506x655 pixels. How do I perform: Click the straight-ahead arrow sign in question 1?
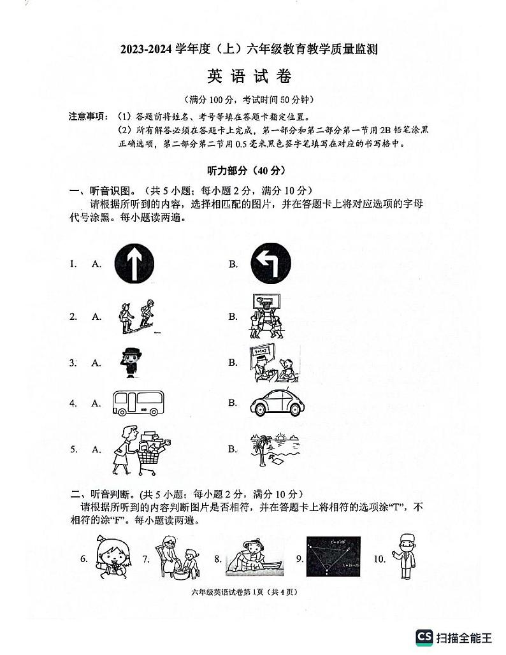coord(134,263)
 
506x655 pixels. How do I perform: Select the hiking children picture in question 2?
coord(136,316)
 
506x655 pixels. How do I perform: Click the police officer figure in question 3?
coord(133,363)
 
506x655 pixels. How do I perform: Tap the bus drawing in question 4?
coord(137,403)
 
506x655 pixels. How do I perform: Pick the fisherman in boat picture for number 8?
coord(253,558)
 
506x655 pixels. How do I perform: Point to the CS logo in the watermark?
coord(424,637)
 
